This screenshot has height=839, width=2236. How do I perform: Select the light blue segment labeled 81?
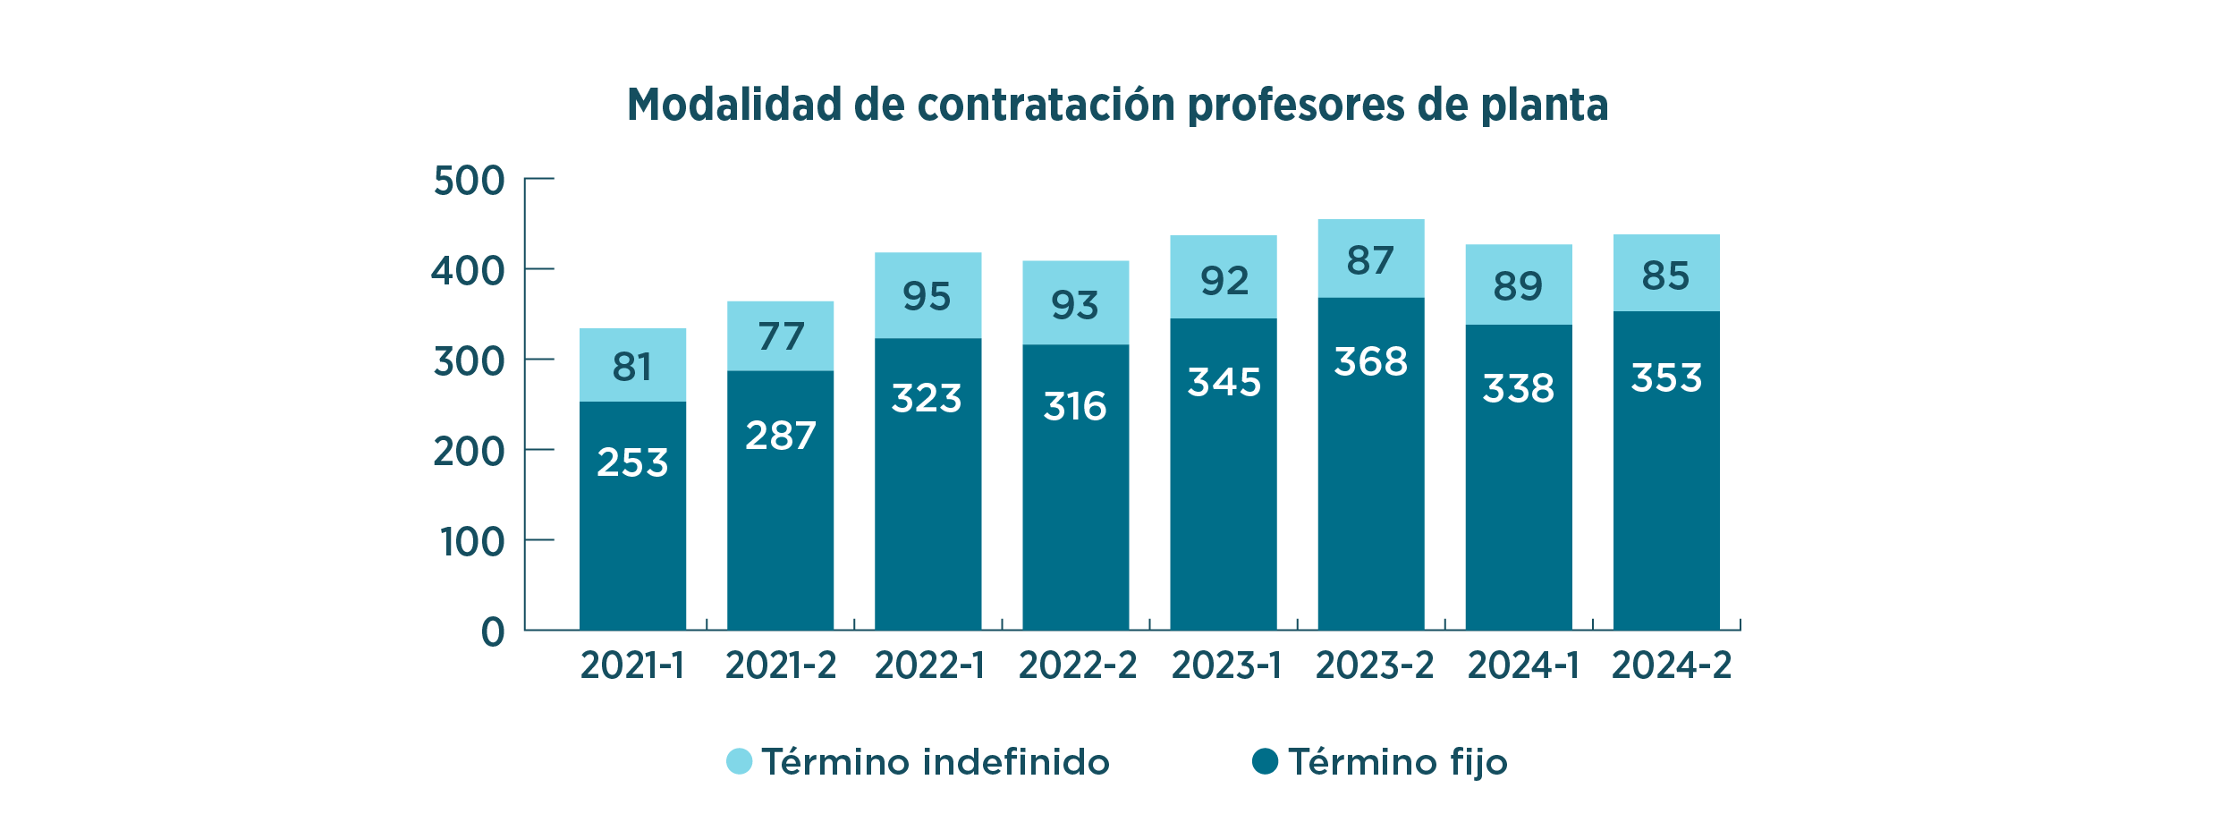[x=632, y=365]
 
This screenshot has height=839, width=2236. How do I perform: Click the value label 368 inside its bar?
[x=1370, y=362]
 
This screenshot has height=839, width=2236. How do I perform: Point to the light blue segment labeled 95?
[x=927, y=295]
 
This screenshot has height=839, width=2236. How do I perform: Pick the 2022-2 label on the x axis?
[x=1077, y=665]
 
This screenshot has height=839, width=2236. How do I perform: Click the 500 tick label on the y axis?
[x=469, y=182]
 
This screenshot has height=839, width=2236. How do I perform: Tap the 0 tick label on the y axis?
[x=493, y=632]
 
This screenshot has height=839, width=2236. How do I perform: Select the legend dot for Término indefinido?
[x=739, y=761]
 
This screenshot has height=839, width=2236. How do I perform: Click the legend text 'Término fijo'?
[x=1397, y=762]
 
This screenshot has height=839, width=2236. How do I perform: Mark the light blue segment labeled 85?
[x=1665, y=273]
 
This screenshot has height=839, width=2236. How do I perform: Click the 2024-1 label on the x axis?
[x=1523, y=665]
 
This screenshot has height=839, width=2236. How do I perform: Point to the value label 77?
[x=781, y=337]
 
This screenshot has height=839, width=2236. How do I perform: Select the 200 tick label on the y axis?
[x=469, y=453]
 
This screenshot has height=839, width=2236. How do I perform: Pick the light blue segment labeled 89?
[x=1518, y=284]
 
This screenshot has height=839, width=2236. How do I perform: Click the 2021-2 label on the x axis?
[x=780, y=665]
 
